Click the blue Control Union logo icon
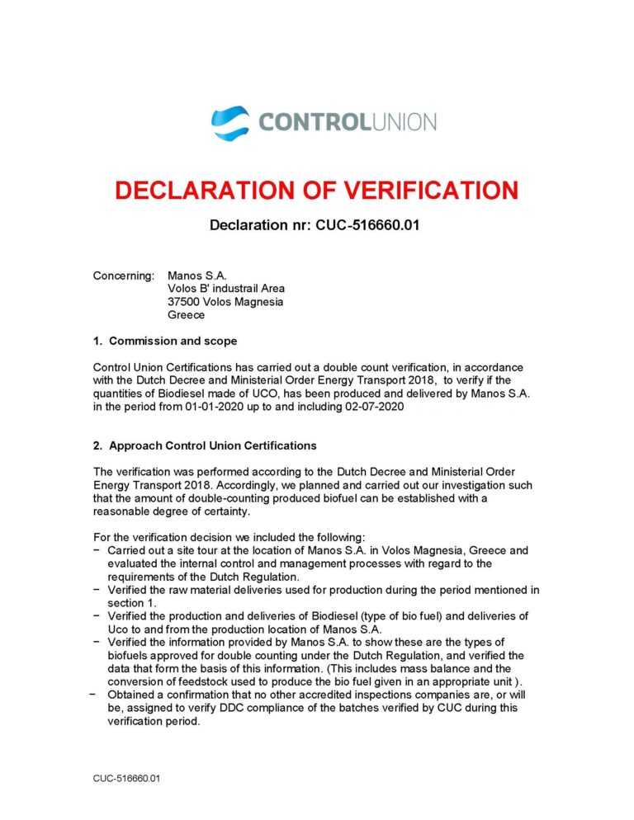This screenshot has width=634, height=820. (x=230, y=122)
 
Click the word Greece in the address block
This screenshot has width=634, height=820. (x=186, y=314)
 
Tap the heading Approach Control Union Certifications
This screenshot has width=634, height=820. (x=212, y=445)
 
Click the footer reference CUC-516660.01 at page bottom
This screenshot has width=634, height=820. (x=125, y=777)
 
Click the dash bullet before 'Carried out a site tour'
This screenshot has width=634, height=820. (x=98, y=550)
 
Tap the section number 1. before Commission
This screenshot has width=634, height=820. (x=97, y=341)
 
